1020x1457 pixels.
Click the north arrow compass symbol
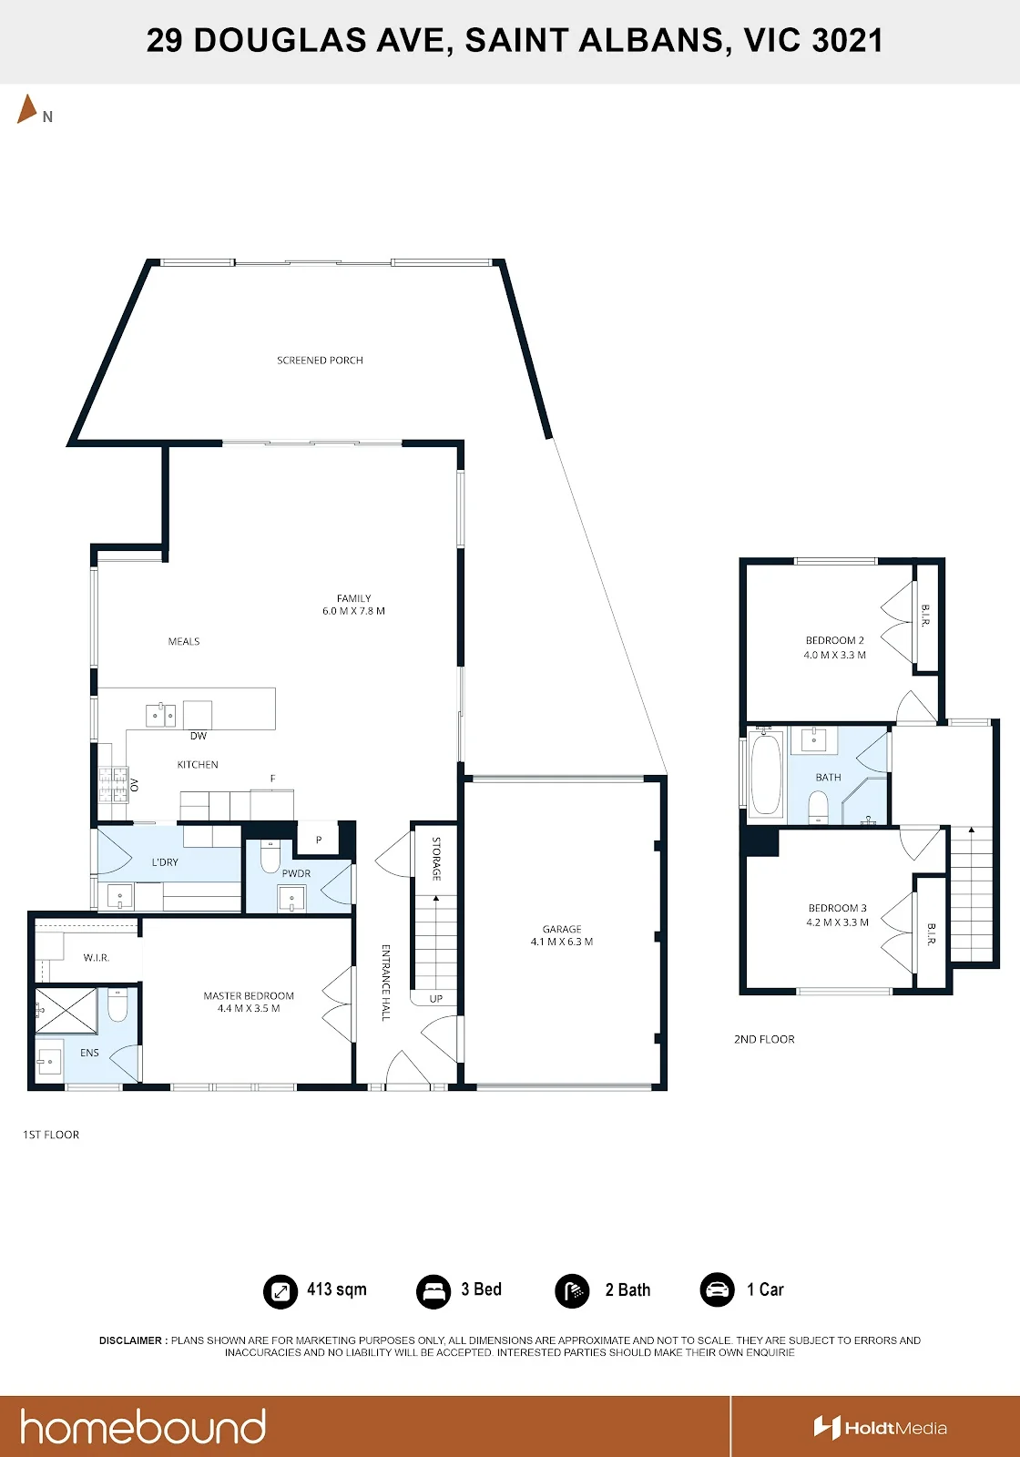click(x=26, y=109)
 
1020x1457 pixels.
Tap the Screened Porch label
click(x=320, y=361)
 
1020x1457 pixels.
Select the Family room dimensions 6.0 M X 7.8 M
click(x=354, y=611)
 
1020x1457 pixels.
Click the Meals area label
click(x=184, y=641)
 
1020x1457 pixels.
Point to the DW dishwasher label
click(x=199, y=736)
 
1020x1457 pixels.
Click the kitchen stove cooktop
click(x=113, y=785)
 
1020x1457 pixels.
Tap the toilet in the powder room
click(x=270, y=857)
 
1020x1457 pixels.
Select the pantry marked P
click(x=319, y=839)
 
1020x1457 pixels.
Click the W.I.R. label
click(x=97, y=957)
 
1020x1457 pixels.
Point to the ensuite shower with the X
click(x=66, y=1011)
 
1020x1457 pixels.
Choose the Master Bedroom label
click(x=249, y=996)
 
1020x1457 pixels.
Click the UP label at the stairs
click(x=436, y=998)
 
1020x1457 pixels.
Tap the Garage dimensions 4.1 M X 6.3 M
click(x=562, y=942)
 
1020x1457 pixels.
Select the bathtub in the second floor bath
click(x=766, y=773)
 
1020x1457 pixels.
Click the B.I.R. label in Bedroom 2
click(x=925, y=616)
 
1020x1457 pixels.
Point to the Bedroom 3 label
click(x=837, y=908)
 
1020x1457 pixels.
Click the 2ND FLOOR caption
click(x=764, y=1039)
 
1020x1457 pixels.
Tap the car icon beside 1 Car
click(x=717, y=1289)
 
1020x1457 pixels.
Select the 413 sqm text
click(x=337, y=1289)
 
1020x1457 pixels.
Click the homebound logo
click(x=143, y=1427)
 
